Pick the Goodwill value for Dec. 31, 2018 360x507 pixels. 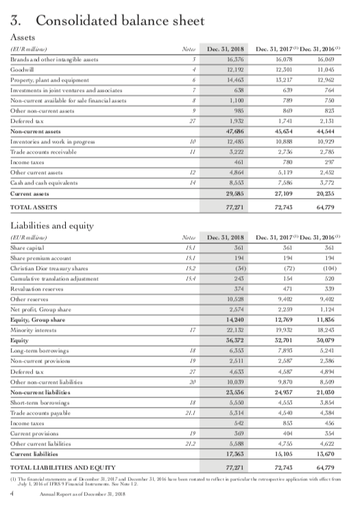[x=230, y=79]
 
